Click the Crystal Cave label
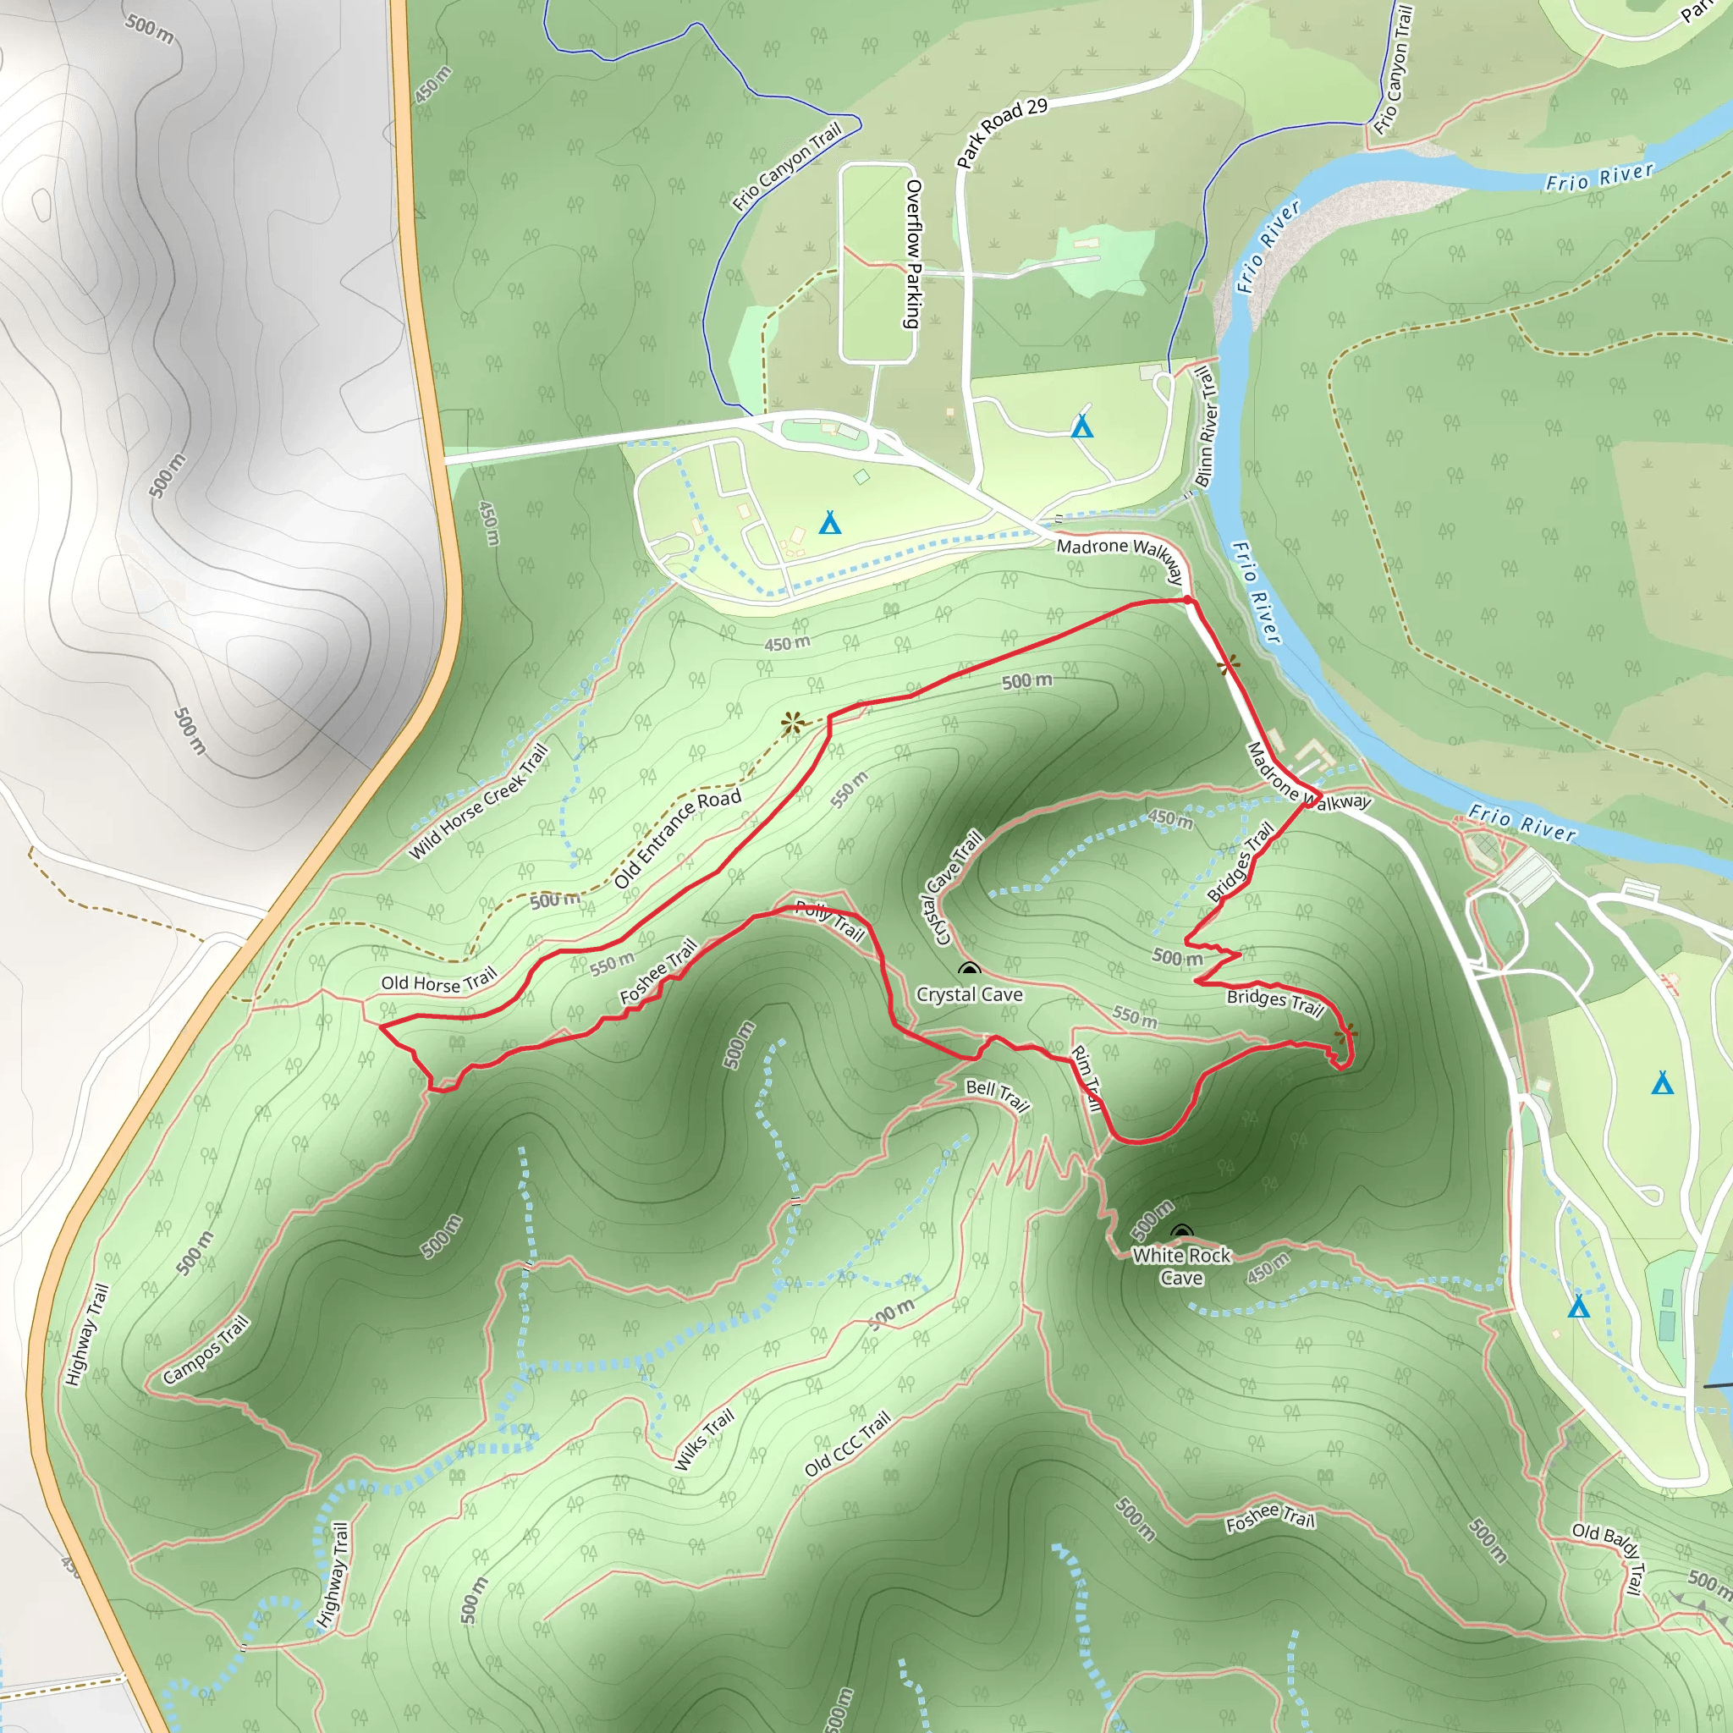(969, 994)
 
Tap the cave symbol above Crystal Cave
(969, 970)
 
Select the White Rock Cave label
(1181, 1266)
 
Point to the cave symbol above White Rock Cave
(1181, 1232)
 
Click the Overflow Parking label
(912, 254)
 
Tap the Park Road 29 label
(1001, 133)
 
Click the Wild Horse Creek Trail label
(478, 802)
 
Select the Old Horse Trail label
(438, 982)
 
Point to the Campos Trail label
(206, 1350)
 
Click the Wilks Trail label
(704, 1439)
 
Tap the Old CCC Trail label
(848, 1444)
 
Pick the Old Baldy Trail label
(1610, 1558)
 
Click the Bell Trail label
(998, 1093)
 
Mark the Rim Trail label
(1086, 1078)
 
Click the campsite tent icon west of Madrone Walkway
(830, 522)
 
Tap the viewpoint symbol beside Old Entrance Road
(791, 723)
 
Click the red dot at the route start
(1187, 600)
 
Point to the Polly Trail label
(831, 921)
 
